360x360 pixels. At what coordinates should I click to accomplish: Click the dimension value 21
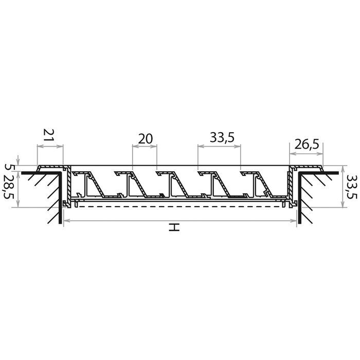(x=49, y=135)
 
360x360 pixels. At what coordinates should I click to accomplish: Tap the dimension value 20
(x=145, y=139)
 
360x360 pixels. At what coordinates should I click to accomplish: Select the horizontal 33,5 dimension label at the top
(x=222, y=138)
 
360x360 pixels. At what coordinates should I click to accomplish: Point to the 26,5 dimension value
(x=307, y=145)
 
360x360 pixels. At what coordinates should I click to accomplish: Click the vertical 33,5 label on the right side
(x=351, y=187)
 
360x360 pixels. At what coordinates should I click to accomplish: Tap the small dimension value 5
(x=8, y=167)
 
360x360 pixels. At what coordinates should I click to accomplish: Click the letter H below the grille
(x=174, y=227)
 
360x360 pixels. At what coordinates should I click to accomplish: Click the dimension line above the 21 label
(x=50, y=146)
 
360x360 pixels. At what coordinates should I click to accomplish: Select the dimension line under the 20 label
(x=145, y=146)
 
